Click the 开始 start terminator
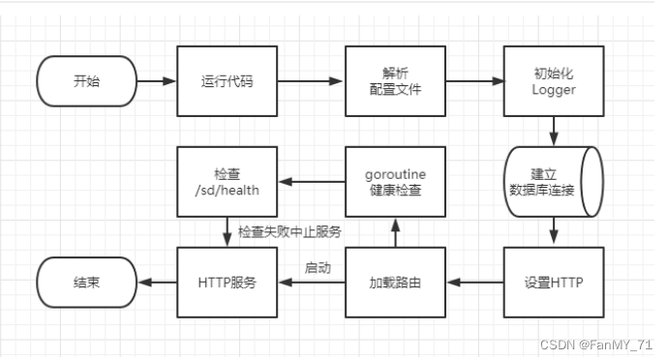85,81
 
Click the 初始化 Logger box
553,81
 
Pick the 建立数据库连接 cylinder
553,182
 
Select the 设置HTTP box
553,283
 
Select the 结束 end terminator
85,283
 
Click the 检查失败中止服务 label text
289,232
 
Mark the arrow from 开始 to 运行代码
155,81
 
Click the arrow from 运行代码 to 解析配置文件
311,81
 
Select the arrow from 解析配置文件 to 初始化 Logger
473,81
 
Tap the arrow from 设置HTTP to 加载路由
473,283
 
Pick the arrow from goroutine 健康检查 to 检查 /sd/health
311,182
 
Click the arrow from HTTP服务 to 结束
155,283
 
